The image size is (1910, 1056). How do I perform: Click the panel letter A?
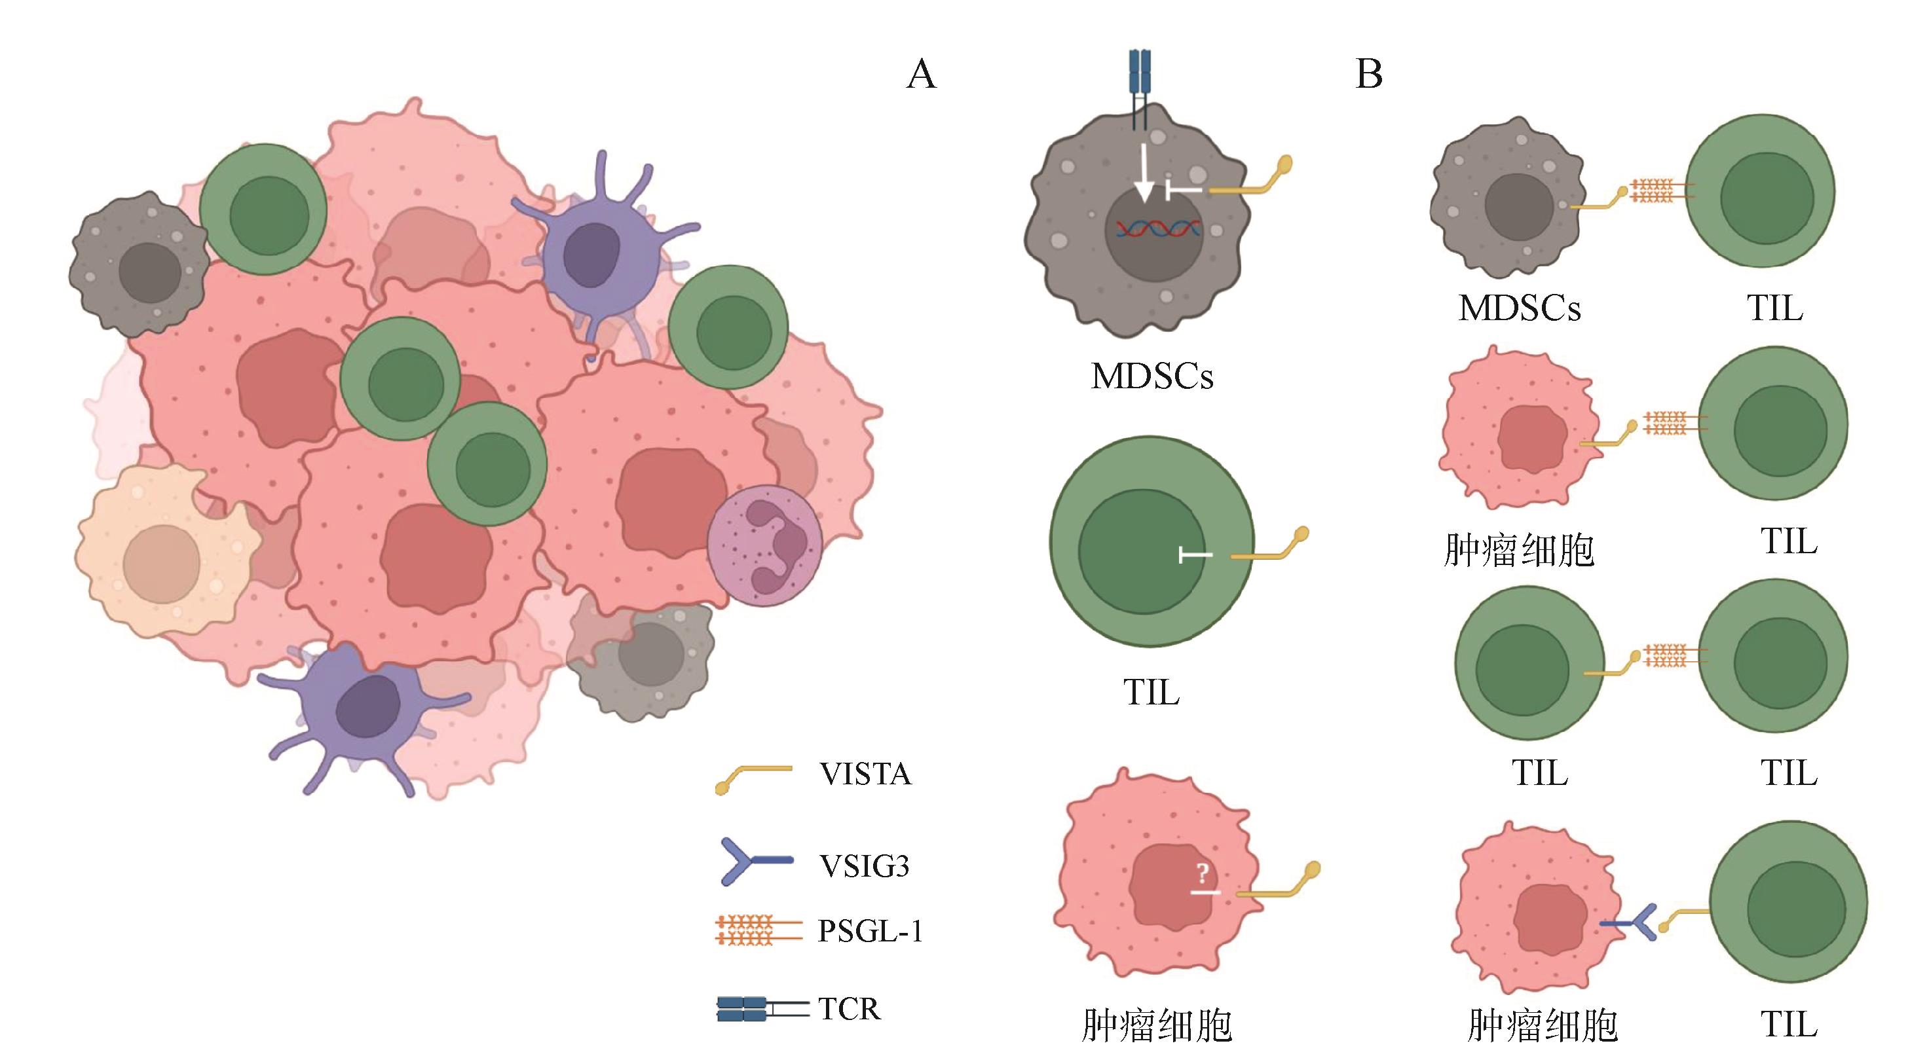point(921,75)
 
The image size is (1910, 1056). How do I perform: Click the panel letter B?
point(1369,75)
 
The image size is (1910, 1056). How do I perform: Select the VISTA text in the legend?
point(865,774)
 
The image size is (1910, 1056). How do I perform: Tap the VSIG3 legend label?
point(865,865)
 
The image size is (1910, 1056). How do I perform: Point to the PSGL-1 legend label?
point(871,932)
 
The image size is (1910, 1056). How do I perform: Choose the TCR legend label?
point(850,1010)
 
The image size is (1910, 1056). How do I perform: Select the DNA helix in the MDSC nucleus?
point(1158,230)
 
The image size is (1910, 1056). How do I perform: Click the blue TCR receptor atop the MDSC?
point(1140,82)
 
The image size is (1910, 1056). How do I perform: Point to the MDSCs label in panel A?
point(1152,376)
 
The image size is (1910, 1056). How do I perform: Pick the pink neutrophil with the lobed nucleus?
point(764,546)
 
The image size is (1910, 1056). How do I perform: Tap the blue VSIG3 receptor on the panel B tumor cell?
point(1631,923)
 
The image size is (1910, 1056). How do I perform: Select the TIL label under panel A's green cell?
point(1152,693)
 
